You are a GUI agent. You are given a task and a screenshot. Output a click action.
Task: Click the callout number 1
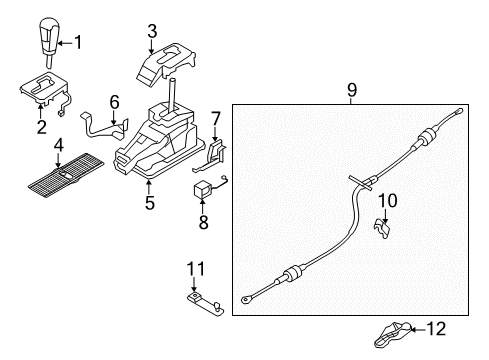[x=78, y=42]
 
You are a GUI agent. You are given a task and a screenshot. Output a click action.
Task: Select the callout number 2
[x=41, y=127]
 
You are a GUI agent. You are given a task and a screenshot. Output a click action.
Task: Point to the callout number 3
[x=152, y=31]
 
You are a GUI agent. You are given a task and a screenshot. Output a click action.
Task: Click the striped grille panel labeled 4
[x=66, y=175]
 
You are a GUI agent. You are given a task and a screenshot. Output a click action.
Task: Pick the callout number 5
[x=150, y=202]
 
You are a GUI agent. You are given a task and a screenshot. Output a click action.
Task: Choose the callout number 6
[x=114, y=102]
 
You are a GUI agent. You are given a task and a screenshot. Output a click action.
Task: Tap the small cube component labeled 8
[x=202, y=190]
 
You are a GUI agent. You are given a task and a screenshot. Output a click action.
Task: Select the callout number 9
[x=352, y=89]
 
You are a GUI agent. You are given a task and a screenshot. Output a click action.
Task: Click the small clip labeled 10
[x=382, y=229]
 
